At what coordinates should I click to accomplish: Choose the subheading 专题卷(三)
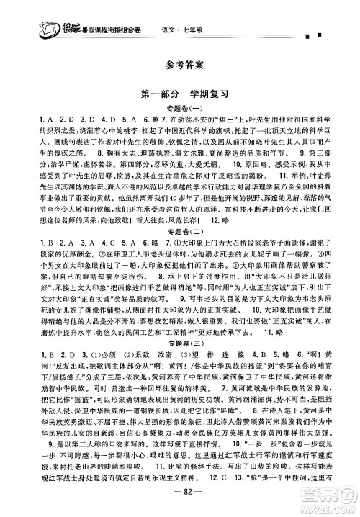pyautogui.click(x=180, y=374)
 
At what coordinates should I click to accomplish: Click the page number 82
pyautogui.click(x=180, y=500)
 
